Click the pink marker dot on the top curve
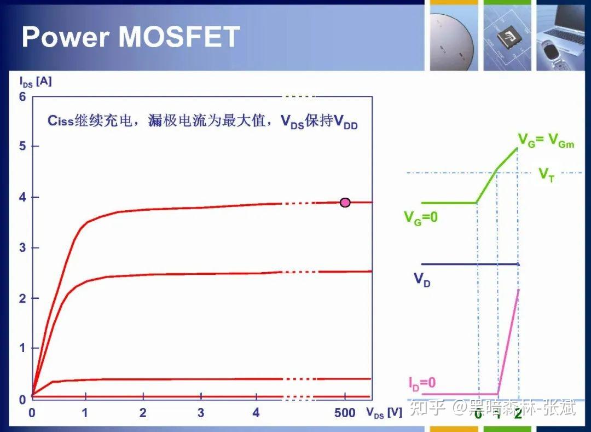(345, 202)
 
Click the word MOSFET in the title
(179, 37)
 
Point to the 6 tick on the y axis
(22, 96)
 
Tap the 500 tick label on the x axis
(345, 413)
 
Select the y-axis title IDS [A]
(36, 82)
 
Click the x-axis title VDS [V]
(384, 413)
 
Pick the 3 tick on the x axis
(200, 413)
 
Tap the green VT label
(546, 175)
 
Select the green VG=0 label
(421, 217)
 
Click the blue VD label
(421, 279)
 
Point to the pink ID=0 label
(422, 383)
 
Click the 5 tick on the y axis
(22, 146)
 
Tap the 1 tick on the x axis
(85, 413)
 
